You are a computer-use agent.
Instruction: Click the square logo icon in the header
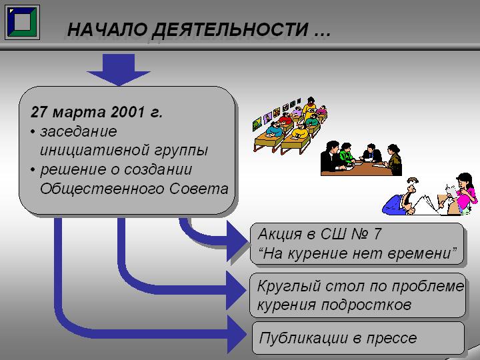[23, 22]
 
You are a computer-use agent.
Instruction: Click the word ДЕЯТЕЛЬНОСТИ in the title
[230, 30]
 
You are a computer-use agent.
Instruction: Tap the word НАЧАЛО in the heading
[107, 30]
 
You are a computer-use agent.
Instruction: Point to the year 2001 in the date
[127, 112]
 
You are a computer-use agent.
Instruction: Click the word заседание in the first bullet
[79, 132]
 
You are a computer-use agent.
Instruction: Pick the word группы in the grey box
[181, 151]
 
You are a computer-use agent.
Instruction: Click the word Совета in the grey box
[199, 189]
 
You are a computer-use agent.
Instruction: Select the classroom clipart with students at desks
[290, 125]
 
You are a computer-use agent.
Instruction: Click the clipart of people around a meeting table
[361, 159]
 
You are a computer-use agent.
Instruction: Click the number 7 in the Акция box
[377, 234]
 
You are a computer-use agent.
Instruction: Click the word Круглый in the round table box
[289, 287]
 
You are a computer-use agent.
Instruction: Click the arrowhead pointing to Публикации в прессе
[237, 334]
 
